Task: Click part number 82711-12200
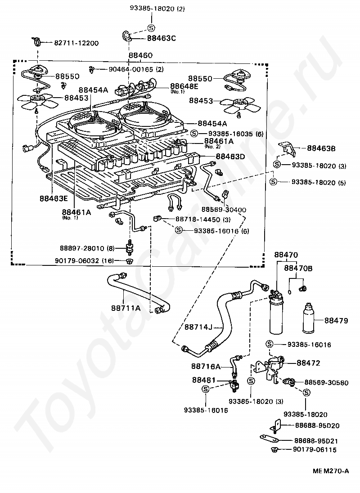76,43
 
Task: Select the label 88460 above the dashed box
140,55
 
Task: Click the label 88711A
126,308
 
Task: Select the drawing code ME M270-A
331,471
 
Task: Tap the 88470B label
298,269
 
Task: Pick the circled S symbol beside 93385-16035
194,133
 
